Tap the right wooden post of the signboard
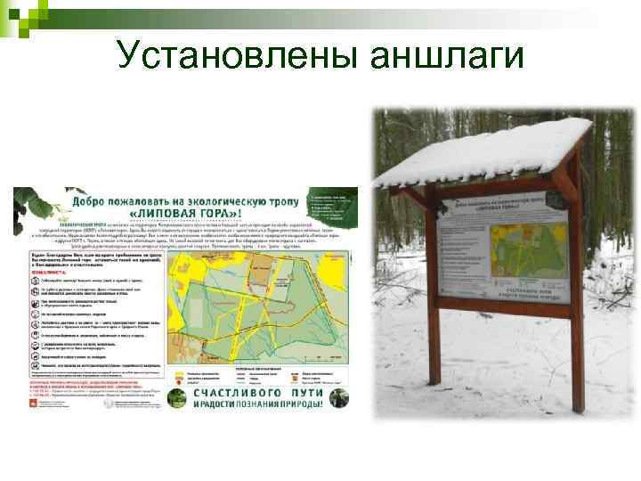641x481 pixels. (x=574, y=356)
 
